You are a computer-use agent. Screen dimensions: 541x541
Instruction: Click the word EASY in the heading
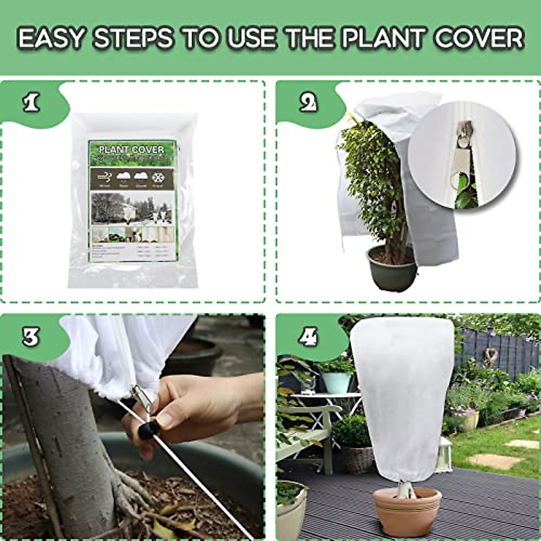[x=51, y=38]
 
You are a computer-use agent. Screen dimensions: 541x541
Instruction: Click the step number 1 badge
[x=31, y=103]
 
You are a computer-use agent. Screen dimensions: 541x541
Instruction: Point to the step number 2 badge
[x=308, y=103]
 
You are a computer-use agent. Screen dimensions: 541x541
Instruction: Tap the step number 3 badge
[x=31, y=336]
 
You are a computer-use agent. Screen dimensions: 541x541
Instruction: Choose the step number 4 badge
[x=308, y=336]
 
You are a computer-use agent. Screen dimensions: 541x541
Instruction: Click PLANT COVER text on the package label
[x=131, y=149]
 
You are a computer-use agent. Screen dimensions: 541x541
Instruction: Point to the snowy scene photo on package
[x=132, y=208]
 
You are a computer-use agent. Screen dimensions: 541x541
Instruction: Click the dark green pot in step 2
[x=392, y=269]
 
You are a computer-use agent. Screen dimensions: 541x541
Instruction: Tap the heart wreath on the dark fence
[x=490, y=356]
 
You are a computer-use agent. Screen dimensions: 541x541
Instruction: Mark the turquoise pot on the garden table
[x=336, y=382]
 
